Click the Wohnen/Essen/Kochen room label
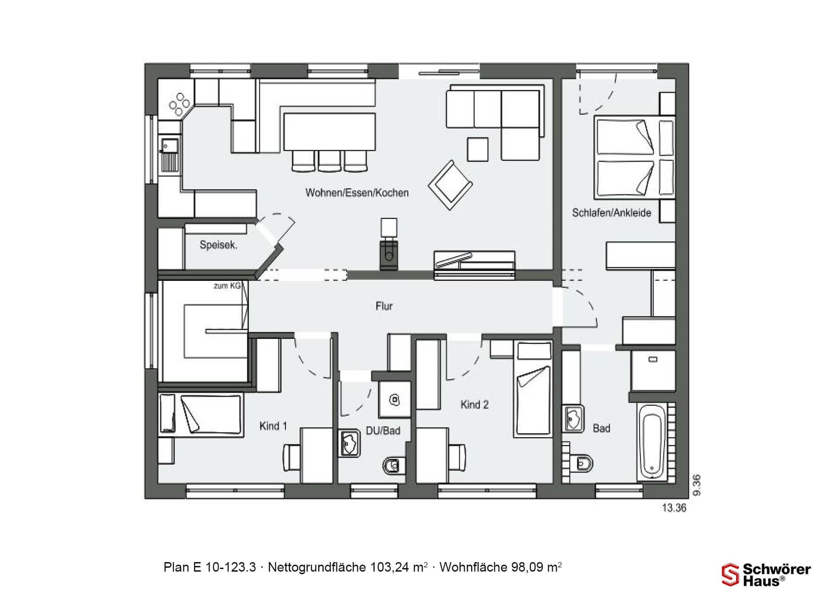pyautogui.click(x=357, y=193)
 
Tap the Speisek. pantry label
pyautogui.click(x=219, y=245)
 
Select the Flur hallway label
pyautogui.click(x=384, y=306)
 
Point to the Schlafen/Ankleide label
pyautogui.click(x=611, y=213)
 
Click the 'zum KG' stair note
pyautogui.click(x=227, y=286)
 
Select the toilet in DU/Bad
pyautogui.click(x=392, y=465)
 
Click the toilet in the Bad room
pyautogui.click(x=583, y=464)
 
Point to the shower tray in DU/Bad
pyautogui.click(x=395, y=399)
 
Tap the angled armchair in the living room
pyautogui.click(x=450, y=185)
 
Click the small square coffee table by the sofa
pyautogui.click(x=477, y=149)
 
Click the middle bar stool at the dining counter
pyautogui.click(x=329, y=161)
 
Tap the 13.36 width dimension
pyautogui.click(x=674, y=508)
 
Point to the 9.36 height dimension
pyautogui.click(x=697, y=485)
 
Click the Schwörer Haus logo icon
pyautogui.click(x=730, y=575)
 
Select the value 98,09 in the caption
pyautogui.click(x=527, y=567)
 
